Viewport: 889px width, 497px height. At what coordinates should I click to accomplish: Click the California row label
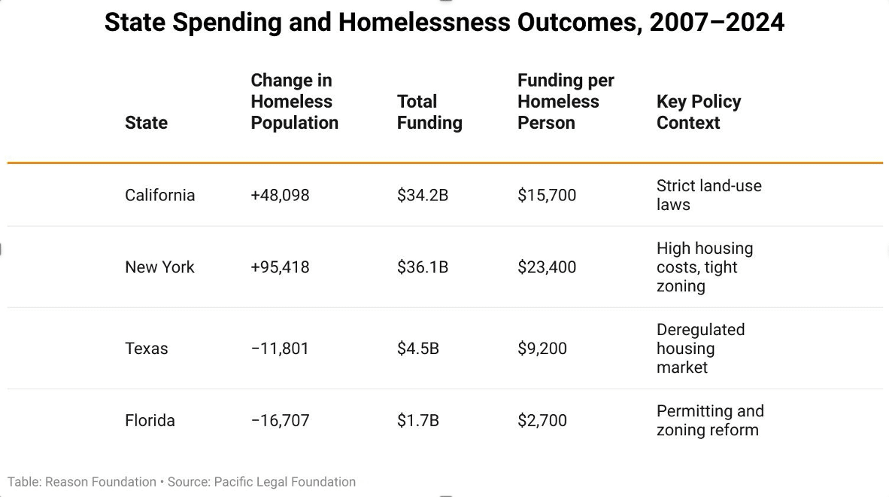coord(159,195)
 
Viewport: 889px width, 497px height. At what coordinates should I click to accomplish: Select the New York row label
coord(159,267)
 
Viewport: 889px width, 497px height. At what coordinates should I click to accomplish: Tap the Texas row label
coord(146,349)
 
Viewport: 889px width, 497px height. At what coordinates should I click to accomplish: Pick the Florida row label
coord(150,421)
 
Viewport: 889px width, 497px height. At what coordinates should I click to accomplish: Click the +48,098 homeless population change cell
coord(280,195)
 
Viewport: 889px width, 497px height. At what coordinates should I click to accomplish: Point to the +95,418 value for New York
coord(280,267)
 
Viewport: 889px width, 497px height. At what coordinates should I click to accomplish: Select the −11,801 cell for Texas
coord(280,349)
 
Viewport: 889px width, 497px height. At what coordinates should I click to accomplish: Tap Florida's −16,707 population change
coord(280,421)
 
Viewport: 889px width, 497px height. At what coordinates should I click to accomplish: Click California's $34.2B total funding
coord(422,195)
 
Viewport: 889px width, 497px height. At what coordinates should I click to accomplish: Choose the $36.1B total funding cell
coord(422,267)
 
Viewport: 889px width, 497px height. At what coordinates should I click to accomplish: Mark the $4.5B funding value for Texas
coord(417,349)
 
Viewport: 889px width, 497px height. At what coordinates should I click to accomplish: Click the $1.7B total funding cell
coord(417,421)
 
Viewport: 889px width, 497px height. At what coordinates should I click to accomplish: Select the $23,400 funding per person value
coord(546,267)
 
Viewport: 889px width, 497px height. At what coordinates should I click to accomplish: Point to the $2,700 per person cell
coord(542,421)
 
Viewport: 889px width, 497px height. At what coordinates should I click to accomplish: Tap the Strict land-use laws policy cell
coord(708,195)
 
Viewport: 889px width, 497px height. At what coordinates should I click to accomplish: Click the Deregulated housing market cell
coord(699,349)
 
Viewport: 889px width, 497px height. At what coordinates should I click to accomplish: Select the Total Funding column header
coord(429,112)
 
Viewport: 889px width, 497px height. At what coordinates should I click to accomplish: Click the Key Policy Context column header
coord(698,112)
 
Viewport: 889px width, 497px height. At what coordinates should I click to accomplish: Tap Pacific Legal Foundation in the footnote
coord(284,482)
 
